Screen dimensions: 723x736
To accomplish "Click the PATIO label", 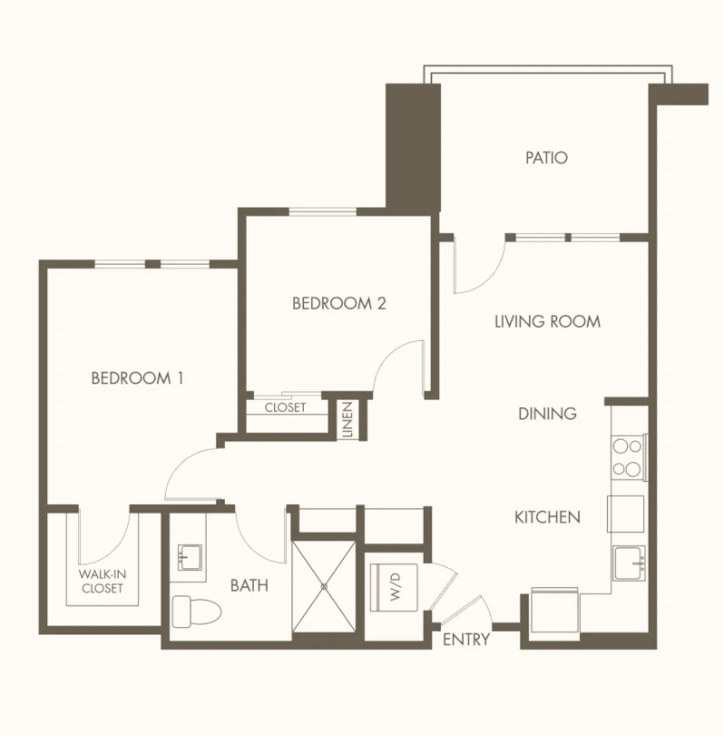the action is [546, 158].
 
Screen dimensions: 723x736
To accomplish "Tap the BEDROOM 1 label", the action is [137, 378].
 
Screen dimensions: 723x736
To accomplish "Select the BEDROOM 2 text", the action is [338, 304].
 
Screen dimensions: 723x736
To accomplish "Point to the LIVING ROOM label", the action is [547, 322].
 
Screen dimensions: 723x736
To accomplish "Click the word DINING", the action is [547, 413].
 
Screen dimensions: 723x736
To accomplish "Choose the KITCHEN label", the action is [547, 518].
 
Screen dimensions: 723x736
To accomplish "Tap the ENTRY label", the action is [466, 639].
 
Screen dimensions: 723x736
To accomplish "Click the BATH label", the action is [249, 586].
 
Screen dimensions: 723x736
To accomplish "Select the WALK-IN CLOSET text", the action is [102, 581].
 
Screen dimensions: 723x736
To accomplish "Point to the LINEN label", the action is [347, 420].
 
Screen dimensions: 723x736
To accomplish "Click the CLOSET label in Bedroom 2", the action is [285, 408].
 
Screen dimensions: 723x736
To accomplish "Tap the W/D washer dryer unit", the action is [394, 587].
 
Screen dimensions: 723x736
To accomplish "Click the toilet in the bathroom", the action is [196, 612].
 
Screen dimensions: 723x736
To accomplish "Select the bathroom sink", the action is [190, 557].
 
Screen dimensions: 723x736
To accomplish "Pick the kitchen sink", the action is [629, 563].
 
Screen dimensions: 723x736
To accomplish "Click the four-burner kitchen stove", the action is [629, 457].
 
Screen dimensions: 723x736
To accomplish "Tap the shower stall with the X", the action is [324, 586].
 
